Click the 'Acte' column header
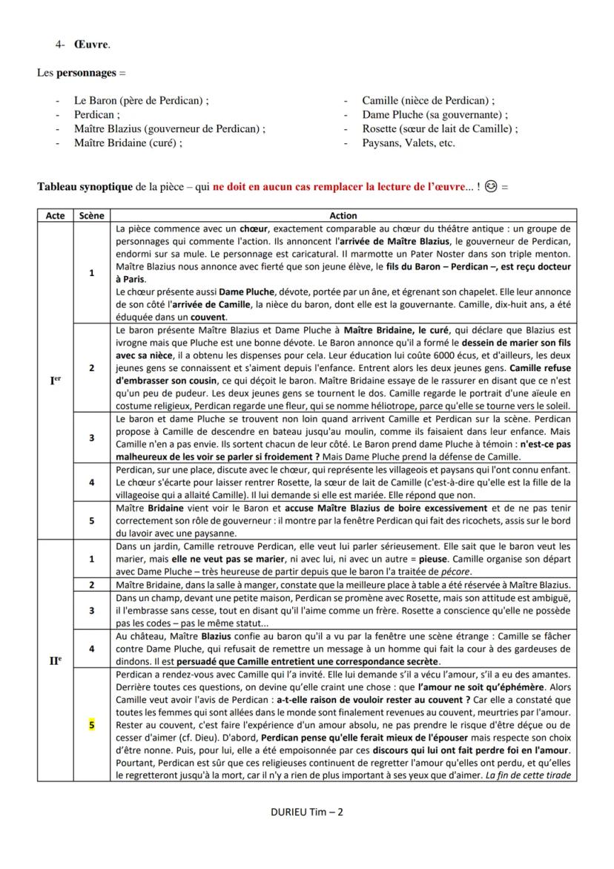55,215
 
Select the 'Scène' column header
91,215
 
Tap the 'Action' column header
343,215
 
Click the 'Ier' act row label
55,381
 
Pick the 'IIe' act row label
55,658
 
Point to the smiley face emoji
490,186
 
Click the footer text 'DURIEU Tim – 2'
307,812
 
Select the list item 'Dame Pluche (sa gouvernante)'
435,115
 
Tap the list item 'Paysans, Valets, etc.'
409,143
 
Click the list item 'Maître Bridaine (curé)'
128,143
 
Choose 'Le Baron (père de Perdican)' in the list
141,101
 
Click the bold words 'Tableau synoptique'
86,186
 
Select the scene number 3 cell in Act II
91,610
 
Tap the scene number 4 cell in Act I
91,482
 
